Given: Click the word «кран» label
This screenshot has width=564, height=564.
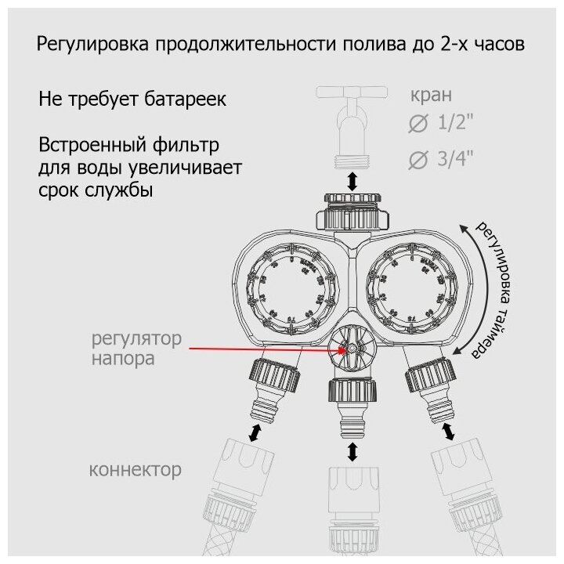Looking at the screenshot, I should tap(431, 97).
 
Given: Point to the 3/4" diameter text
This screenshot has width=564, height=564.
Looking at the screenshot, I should tap(460, 160).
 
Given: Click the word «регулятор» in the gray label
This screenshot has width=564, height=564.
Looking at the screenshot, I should tap(137, 341).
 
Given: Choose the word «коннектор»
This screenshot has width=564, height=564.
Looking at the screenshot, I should tap(135, 470).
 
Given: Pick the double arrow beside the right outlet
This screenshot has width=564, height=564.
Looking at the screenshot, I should tap(449, 432).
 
